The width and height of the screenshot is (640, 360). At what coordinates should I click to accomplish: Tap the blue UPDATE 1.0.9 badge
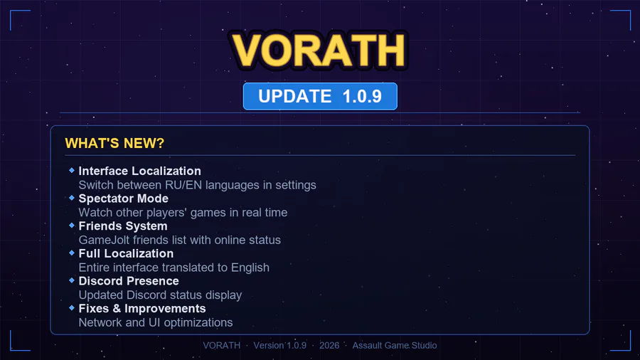[320, 96]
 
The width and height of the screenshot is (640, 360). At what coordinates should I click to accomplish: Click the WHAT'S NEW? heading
[114, 143]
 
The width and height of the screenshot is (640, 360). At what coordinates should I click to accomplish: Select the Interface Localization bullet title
[139, 171]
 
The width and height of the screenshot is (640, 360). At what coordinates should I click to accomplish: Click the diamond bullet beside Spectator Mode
[72, 198]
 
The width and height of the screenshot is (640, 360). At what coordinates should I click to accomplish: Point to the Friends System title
[123, 226]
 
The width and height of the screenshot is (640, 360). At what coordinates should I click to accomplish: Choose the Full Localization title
[126, 253]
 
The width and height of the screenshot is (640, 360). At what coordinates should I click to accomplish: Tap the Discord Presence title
[129, 281]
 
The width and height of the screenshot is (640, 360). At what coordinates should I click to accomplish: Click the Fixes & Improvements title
[142, 309]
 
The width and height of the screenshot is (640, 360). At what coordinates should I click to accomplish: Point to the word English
[250, 268]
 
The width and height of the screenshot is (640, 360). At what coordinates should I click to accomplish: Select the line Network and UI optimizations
[156, 323]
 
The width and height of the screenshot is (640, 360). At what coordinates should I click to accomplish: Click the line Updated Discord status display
[160, 295]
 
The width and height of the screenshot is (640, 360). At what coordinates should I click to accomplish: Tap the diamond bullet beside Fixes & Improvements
[72, 308]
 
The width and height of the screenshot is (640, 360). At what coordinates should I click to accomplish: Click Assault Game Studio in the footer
[395, 345]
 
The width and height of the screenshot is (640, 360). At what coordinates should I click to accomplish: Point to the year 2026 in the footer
[329, 345]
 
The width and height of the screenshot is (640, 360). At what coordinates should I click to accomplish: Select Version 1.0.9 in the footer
[280, 345]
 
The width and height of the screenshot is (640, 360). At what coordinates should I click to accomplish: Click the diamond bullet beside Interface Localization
[72, 170]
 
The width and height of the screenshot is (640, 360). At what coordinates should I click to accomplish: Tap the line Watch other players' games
[183, 213]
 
